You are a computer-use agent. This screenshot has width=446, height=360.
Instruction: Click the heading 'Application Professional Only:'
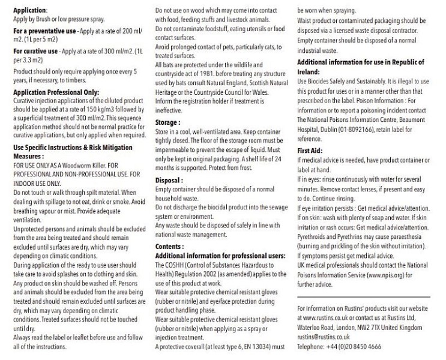[53, 93]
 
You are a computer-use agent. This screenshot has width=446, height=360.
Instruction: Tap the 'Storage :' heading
[168, 122]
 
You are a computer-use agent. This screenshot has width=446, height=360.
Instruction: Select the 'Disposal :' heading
[169, 179]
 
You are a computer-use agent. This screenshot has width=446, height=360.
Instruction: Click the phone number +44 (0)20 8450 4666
[352, 347]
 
